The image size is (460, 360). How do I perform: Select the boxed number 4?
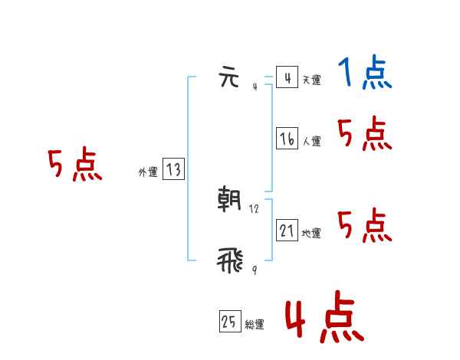(287, 78)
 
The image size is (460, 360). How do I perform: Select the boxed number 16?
(287, 139)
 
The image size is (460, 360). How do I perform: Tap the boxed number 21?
(287, 231)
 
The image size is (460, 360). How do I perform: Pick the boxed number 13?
(173, 170)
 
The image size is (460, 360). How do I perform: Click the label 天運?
(311, 80)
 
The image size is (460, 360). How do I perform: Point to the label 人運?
(311, 141)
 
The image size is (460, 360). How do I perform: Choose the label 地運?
(311, 233)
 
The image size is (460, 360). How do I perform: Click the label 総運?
(255, 325)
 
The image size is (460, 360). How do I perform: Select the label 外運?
(148, 172)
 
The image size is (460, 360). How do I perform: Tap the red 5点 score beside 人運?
(364, 135)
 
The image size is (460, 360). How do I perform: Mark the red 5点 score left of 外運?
(74, 165)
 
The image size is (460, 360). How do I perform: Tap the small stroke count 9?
(254, 270)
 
